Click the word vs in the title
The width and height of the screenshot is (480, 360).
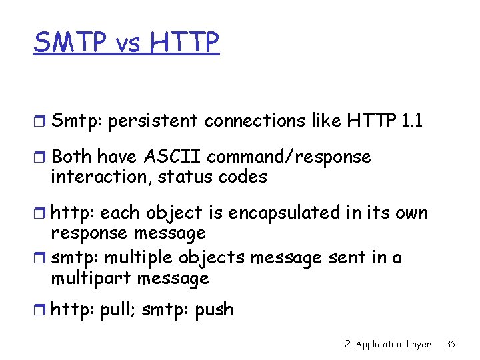pos(128,44)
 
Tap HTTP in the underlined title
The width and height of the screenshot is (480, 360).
pos(185,43)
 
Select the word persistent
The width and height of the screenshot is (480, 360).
pos(153,121)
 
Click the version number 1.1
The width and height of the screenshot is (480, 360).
pos(413,121)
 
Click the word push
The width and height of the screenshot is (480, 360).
pos(214,309)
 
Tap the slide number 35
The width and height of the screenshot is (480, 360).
pos(451,344)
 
